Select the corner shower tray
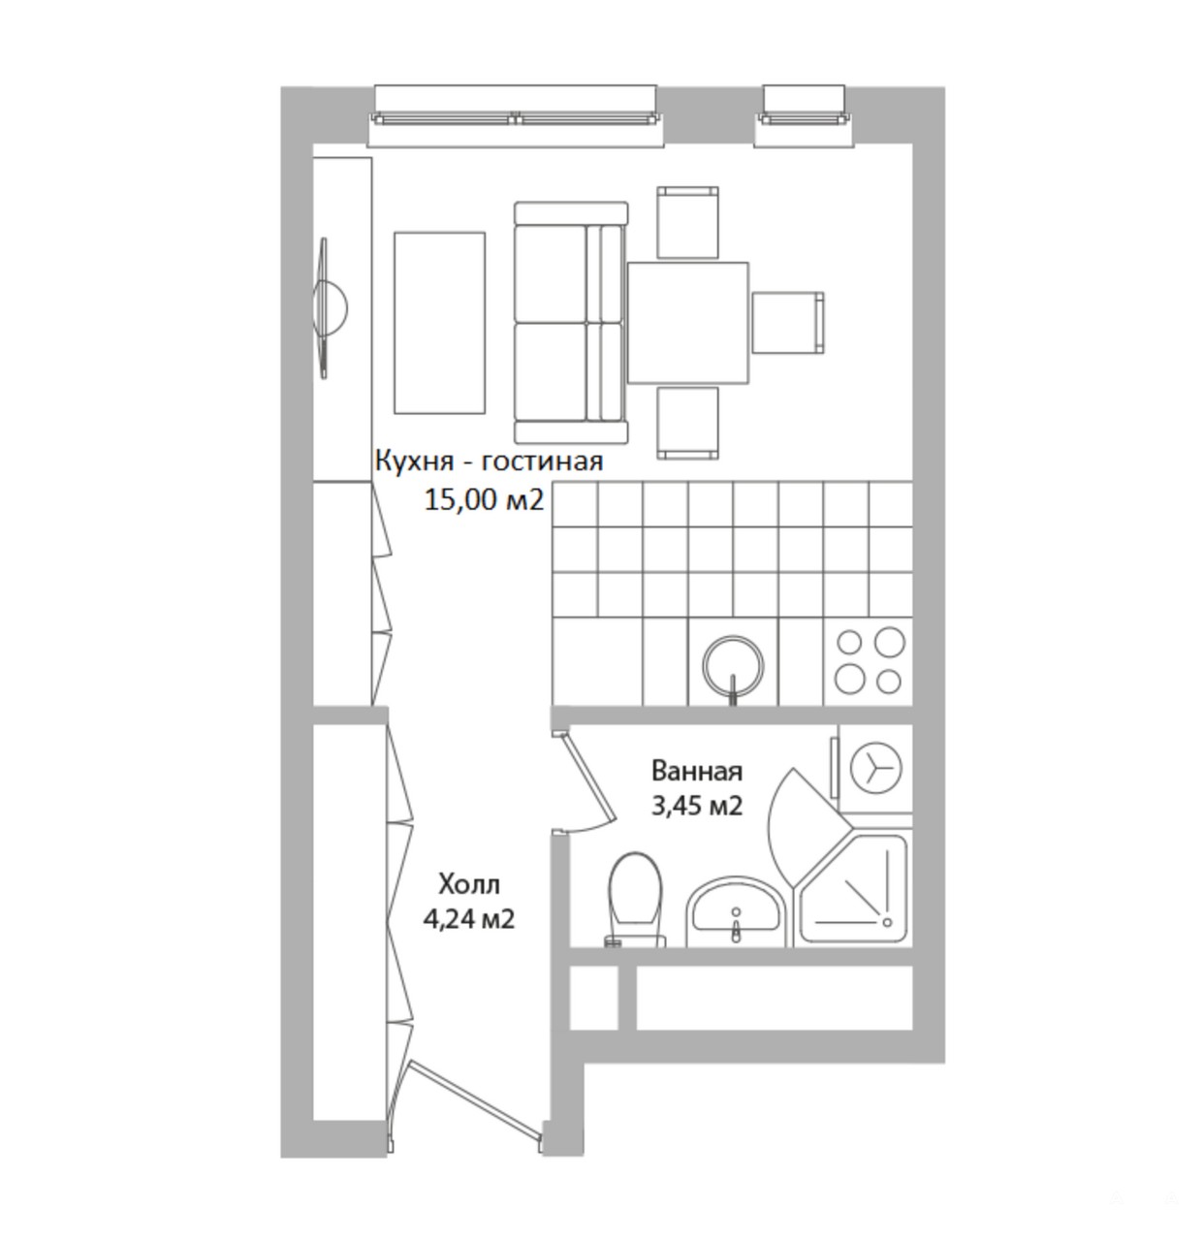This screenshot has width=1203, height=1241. tap(854, 888)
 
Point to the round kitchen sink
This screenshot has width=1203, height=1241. tap(733, 666)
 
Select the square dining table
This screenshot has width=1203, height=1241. tap(688, 323)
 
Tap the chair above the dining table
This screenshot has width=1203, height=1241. tap(688, 223)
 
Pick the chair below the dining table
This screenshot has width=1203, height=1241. tap(688, 424)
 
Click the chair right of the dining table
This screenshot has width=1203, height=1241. tap(788, 323)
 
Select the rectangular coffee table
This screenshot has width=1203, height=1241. tap(439, 323)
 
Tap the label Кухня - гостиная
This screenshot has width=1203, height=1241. tap(489, 461)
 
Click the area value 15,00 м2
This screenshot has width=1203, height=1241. tap(484, 500)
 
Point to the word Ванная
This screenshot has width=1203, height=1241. tap(697, 771)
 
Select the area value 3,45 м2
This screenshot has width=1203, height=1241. tap(697, 807)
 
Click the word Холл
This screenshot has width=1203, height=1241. tap(469, 884)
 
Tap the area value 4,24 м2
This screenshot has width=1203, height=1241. tap(469, 919)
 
